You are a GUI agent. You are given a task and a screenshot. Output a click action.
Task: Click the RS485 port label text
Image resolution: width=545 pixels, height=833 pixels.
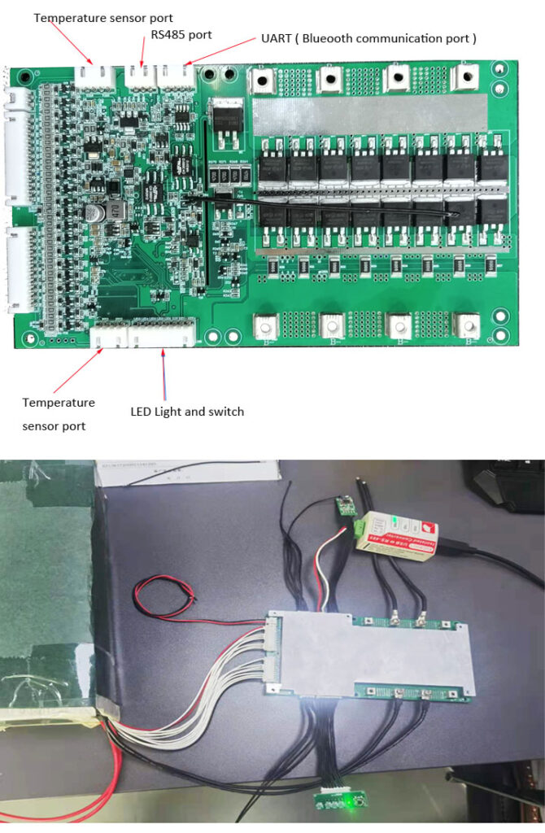click(181, 34)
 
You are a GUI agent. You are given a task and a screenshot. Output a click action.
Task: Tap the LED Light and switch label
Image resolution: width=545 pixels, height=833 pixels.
click(187, 412)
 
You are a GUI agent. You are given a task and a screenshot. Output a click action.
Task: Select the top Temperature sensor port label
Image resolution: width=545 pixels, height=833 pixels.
click(103, 17)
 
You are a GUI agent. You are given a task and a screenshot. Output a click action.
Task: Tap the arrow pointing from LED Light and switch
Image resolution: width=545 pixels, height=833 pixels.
click(164, 375)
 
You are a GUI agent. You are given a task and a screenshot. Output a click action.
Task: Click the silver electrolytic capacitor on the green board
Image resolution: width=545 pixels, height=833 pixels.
click(96, 212)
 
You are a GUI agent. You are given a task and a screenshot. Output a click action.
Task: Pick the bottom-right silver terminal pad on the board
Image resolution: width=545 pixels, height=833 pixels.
click(466, 325)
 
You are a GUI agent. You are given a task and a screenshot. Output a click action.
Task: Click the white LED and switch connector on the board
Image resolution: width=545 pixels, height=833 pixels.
click(163, 334)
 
